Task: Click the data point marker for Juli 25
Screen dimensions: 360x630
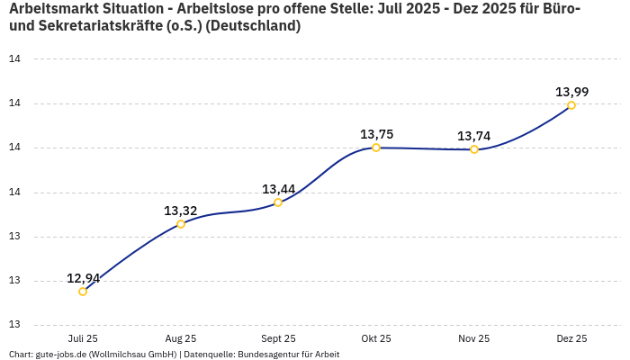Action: pos(83,292)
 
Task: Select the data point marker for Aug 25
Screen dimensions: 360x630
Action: pos(181,224)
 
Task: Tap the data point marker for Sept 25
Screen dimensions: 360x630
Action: pos(278,202)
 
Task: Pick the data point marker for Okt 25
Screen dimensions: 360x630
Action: pos(376,148)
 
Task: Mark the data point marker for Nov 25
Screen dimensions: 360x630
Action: pos(474,149)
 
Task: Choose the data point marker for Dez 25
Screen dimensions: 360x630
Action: pos(571,105)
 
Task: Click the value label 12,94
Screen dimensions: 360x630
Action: pos(83,278)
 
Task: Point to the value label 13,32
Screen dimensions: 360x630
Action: pos(181,211)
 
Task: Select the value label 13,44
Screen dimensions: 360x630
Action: pos(278,189)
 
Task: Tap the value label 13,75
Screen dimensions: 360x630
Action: pos(376,134)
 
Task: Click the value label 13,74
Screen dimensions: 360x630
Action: pos(474,136)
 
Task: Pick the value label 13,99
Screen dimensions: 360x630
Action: pos(571,92)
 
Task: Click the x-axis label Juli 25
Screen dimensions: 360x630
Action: pos(83,339)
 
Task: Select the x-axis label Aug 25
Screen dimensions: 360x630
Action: pos(181,339)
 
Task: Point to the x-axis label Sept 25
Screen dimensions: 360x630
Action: pos(278,339)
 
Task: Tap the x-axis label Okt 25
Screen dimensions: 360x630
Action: pos(376,339)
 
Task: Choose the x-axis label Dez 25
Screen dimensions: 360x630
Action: pos(571,339)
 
